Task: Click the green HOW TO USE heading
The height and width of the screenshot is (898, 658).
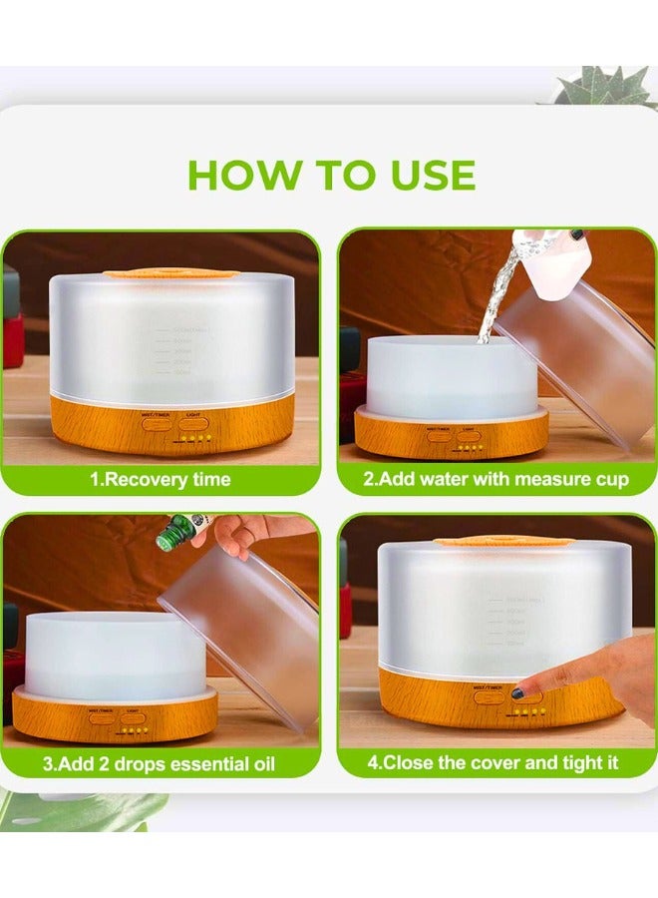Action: tap(331, 176)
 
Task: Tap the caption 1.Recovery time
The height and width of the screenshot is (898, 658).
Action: tap(161, 479)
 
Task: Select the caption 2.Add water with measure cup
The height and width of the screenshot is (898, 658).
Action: tap(495, 479)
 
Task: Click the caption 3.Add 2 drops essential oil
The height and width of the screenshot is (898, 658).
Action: tap(161, 764)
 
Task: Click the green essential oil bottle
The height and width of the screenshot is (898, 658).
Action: tap(177, 533)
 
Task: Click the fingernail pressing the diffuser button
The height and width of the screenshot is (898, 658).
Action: tap(518, 692)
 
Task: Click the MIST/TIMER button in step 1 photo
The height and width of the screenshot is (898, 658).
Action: tap(157, 422)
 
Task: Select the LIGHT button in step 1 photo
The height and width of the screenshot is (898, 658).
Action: tap(194, 422)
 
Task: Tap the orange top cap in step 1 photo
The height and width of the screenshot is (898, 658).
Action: tap(170, 272)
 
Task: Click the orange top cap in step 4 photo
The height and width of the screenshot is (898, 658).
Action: tap(502, 540)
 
